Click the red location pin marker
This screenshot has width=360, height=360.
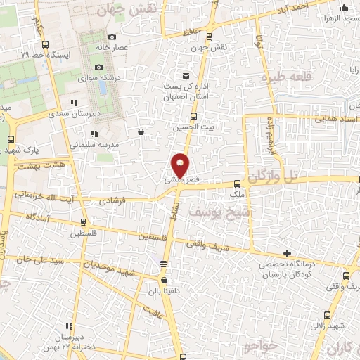[x=181, y=164]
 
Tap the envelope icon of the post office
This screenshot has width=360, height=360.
[x=186, y=76]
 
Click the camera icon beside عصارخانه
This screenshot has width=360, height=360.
[x=112, y=37]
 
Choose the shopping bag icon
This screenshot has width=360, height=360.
[x=141, y=131]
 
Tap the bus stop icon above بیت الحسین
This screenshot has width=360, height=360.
[x=193, y=117]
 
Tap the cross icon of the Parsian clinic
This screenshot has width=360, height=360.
[x=287, y=252]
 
